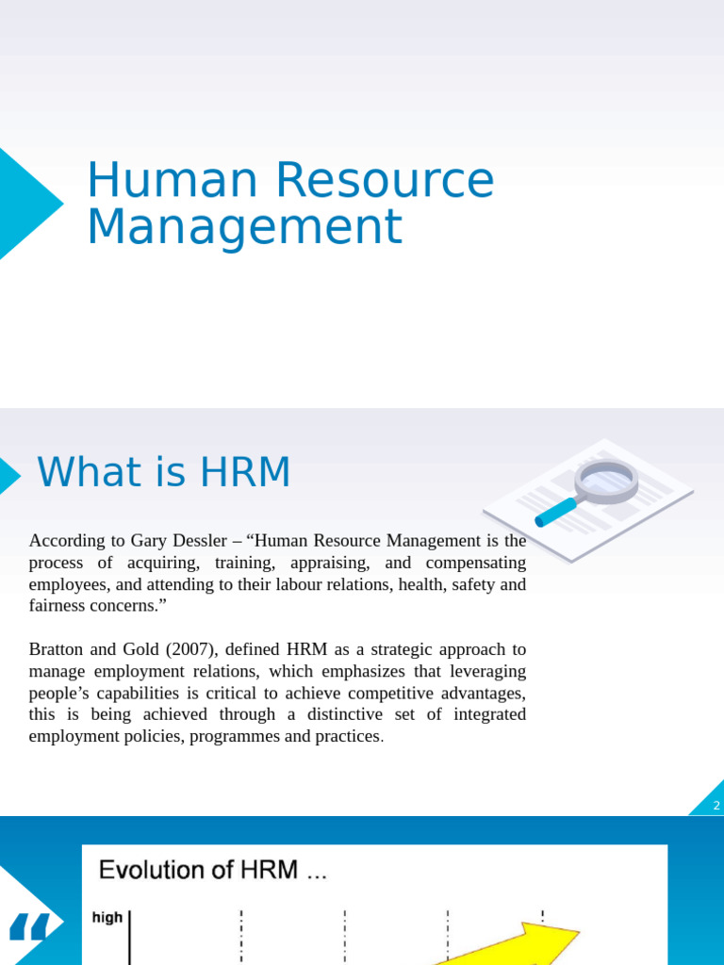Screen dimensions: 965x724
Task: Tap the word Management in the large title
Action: pyautogui.click(x=244, y=227)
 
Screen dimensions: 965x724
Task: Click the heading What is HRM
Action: pyautogui.click(x=164, y=472)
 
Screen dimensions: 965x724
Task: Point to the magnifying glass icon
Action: pyautogui.click(x=603, y=482)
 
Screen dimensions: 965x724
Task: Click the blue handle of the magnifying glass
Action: pyautogui.click(x=556, y=512)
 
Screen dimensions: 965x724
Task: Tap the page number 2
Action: pyautogui.click(x=716, y=806)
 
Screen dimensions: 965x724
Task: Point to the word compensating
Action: pyautogui.click(x=475, y=563)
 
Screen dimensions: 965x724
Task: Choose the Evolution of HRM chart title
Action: pyautogui.click(x=213, y=870)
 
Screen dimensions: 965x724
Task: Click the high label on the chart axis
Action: pyautogui.click(x=107, y=917)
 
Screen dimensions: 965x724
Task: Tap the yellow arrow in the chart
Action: pyautogui.click(x=528, y=942)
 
